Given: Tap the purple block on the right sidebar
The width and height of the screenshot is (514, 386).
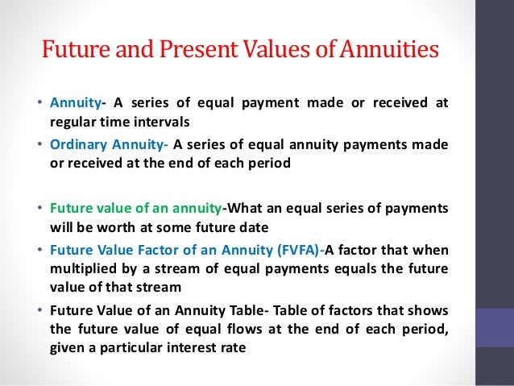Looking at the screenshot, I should (x=495, y=326).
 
